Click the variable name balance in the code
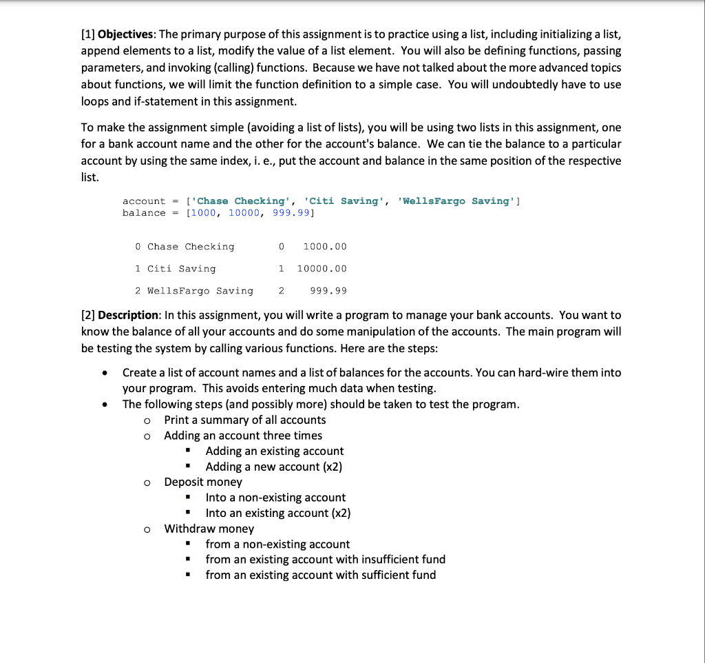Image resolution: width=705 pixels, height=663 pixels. point(144,213)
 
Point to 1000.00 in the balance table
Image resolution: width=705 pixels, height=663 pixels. point(325,247)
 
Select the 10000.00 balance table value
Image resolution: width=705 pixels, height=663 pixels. point(322,269)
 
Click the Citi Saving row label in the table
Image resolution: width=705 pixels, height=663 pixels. point(181,269)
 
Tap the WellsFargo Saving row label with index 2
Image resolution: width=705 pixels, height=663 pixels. point(200,291)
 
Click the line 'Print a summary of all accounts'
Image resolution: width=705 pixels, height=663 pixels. point(244,420)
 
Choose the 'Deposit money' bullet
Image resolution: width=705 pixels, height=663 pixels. point(203,482)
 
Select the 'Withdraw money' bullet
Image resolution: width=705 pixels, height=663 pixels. point(209,529)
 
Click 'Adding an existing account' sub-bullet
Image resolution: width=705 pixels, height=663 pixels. point(274,451)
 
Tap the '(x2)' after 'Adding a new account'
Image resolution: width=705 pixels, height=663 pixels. point(333,467)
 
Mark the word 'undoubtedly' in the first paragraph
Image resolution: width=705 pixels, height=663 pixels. point(523,84)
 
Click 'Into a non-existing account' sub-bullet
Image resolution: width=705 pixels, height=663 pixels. point(275,497)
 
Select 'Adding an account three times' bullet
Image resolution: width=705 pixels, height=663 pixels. point(242,436)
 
